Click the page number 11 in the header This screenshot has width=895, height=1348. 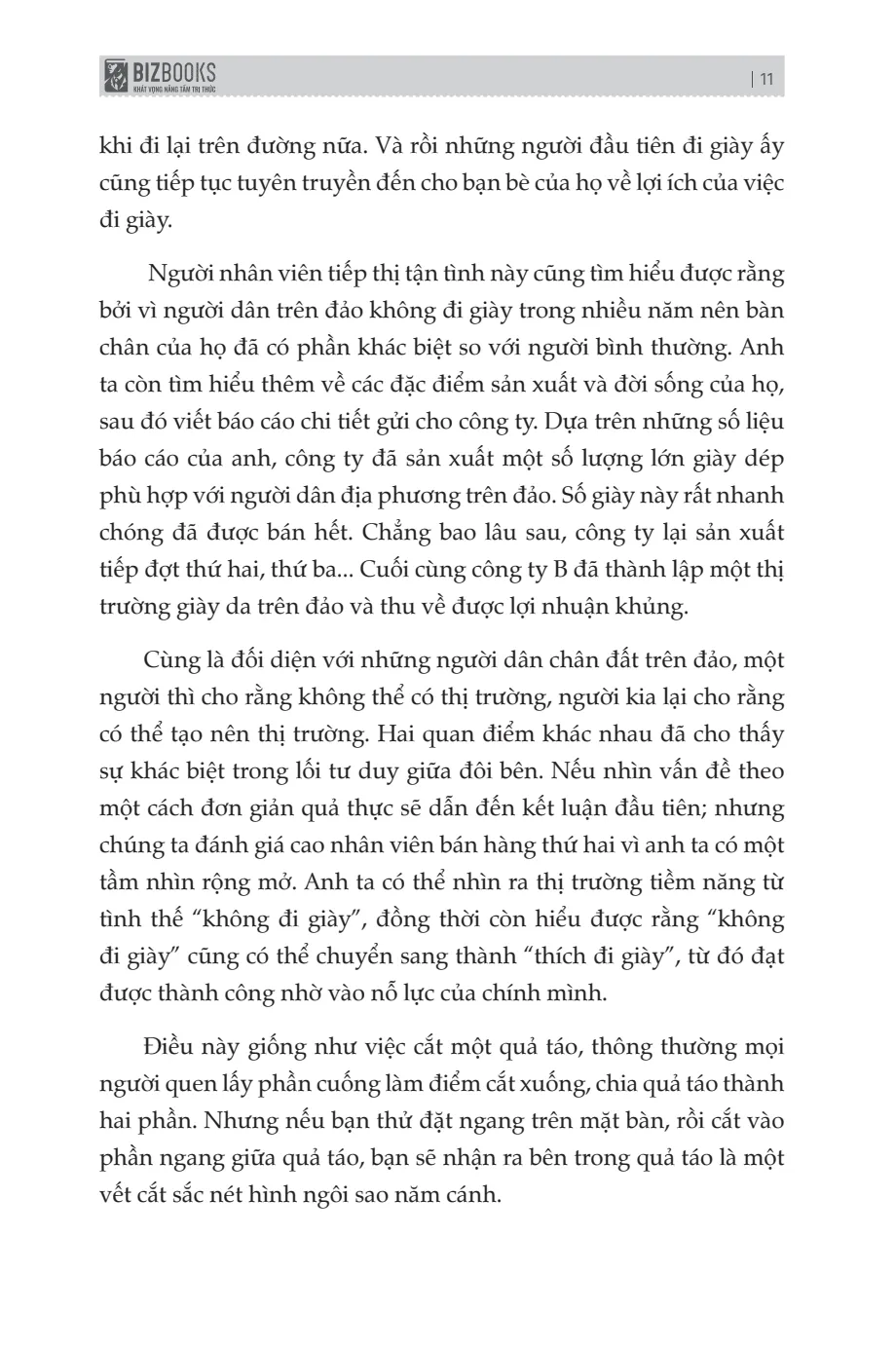coord(764,80)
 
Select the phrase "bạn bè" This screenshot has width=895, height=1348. coord(534,183)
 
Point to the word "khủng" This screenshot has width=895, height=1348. coord(653,607)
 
